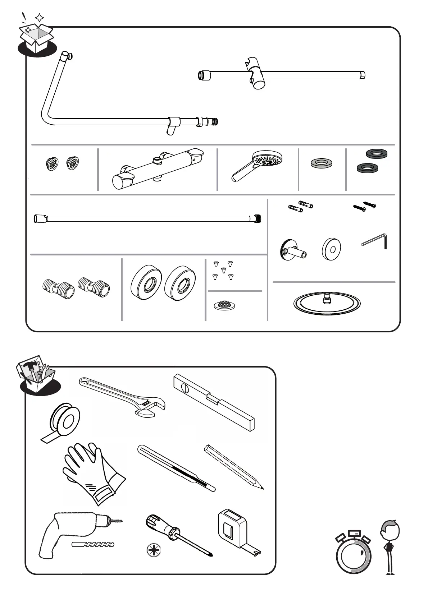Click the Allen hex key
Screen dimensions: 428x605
376,241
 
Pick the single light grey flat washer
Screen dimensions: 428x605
322,163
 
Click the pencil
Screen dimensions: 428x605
234,467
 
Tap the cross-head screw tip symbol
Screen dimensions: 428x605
154,550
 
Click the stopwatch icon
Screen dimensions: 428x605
353,553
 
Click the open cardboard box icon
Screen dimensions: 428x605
36,38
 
